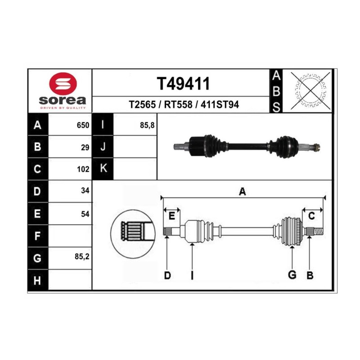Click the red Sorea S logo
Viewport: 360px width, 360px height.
pyautogui.click(x=63, y=84)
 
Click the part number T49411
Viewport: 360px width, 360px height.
pyautogui.click(x=183, y=84)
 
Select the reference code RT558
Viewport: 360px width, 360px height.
pyautogui.click(x=178, y=104)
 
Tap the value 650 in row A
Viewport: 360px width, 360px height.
pyautogui.click(x=83, y=125)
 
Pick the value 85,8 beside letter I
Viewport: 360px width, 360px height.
pyautogui.click(x=147, y=126)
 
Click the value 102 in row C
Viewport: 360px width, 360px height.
pyautogui.click(x=83, y=169)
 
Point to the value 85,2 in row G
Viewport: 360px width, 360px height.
pyautogui.click(x=82, y=256)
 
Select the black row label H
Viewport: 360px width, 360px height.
pyautogui.click(x=38, y=280)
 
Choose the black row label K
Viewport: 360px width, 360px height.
pyautogui.click(x=103, y=169)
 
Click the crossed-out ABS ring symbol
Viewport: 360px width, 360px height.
pyautogui.click(x=310, y=91)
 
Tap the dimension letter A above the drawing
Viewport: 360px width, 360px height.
pyautogui.click(x=243, y=191)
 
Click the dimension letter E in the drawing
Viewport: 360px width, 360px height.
pyautogui.click(x=171, y=216)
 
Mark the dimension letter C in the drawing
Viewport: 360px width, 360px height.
pyautogui.click(x=311, y=216)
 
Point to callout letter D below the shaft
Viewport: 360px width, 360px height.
pyautogui.click(x=167, y=275)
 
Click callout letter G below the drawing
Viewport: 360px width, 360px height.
pyautogui.click(x=292, y=275)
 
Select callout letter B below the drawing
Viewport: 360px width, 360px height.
pyautogui.click(x=310, y=275)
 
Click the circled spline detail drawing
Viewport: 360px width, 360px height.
pyautogui.click(x=133, y=234)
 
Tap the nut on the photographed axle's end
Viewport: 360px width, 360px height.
pyautogui.click(x=316, y=147)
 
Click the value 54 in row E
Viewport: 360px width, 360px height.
pyautogui.click(x=85, y=214)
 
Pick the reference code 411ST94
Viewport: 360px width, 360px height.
pyautogui.click(x=220, y=104)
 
